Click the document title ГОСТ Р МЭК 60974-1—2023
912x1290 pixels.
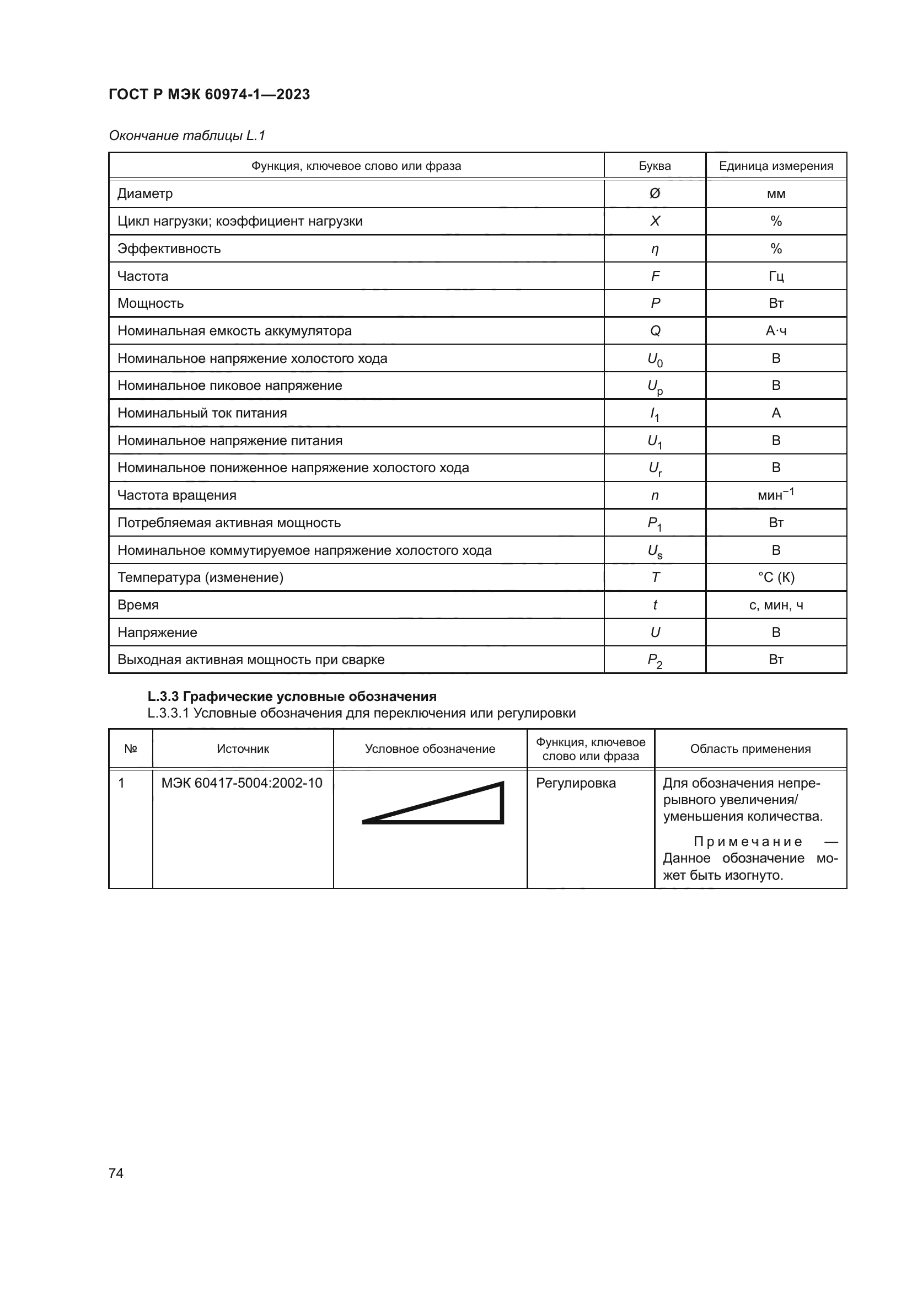tap(209, 94)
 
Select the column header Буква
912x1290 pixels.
tap(655, 166)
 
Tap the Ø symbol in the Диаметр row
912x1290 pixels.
tap(655, 193)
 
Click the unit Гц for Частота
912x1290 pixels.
tap(776, 276)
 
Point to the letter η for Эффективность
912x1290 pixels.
tap(655, 249)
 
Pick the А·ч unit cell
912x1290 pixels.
tap(776, 331)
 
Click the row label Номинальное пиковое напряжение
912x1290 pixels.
tap(230, 386)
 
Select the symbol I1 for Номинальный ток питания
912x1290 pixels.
tap(655, 415)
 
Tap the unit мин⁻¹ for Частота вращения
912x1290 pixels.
tap(776, 494)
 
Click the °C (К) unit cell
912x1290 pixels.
tap(776, 577)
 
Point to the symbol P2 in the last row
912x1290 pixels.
tap(655, 661)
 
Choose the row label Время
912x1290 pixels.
tap(138, 605)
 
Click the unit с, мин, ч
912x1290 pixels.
tap(776, 605)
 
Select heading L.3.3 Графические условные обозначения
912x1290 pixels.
tap(292, 697)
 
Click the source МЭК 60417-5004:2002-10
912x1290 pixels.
tap(242, 783)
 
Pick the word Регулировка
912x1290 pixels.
tap(576, 783)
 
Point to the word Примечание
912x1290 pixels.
tap(748, 842)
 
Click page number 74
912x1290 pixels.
tap(116, 1173)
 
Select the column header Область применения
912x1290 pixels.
tap(750, 749)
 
